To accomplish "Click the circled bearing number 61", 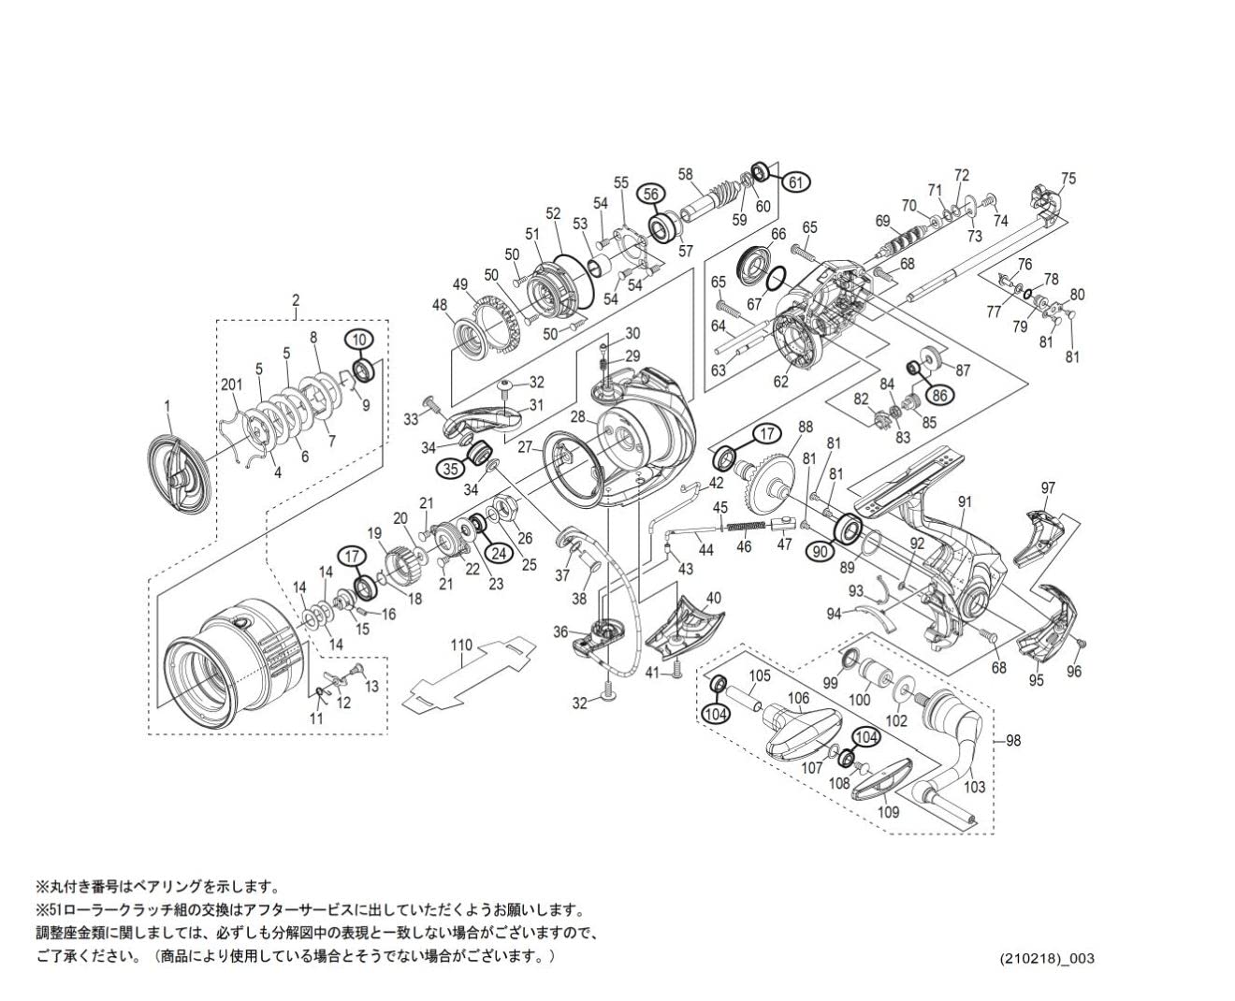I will [794, 182].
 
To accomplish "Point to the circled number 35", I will [452, 469].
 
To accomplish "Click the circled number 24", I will [500, 553].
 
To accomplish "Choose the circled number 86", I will [940, 395].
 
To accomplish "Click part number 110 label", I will [462, 645].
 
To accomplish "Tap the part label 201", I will [231, 385].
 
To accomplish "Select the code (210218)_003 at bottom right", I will [1047, 959].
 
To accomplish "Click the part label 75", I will [1068, 179].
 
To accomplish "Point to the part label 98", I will [1013, 741].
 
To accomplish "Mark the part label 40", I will [714, 598].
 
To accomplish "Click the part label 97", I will [1048, 488].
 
